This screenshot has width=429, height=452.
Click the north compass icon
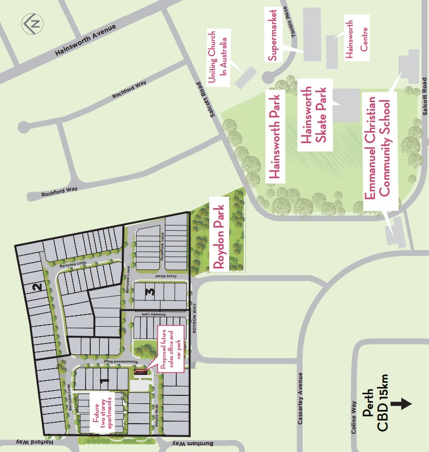tap(33, 24)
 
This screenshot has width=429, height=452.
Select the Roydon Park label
tap(219, 236)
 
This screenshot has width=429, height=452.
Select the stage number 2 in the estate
tap(36, 287)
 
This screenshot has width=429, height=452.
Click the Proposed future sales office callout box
tap(170, 349)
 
